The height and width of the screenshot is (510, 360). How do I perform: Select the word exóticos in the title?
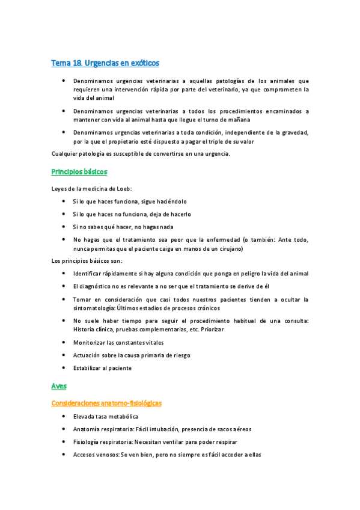tap(144, 63)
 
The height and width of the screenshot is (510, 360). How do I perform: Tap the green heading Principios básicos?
tap(79, 172)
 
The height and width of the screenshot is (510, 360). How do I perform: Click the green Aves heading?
tap(59, 386)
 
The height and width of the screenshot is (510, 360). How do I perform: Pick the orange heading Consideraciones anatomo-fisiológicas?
tap(106, 403)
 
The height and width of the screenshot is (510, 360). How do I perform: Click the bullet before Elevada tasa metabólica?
tap(64, 416)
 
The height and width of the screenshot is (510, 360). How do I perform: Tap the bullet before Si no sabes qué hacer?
tap(64, 227)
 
